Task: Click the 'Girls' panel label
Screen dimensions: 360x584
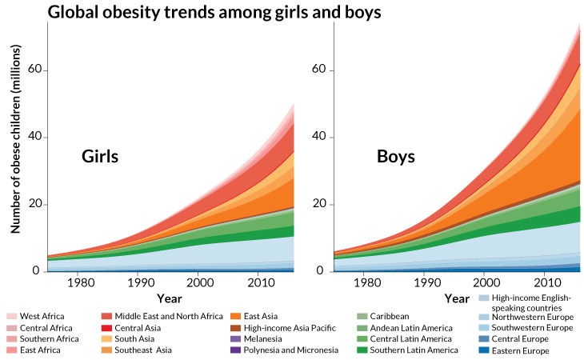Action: pos(100,157)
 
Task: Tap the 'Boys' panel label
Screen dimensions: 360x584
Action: pos(396,157)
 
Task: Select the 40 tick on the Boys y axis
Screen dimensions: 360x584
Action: pos(320,137)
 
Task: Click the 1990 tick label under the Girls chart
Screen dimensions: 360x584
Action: pos(138,282)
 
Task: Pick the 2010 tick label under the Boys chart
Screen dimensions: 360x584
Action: pos(546,282)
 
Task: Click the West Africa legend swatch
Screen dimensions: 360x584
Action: pos(10,317)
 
